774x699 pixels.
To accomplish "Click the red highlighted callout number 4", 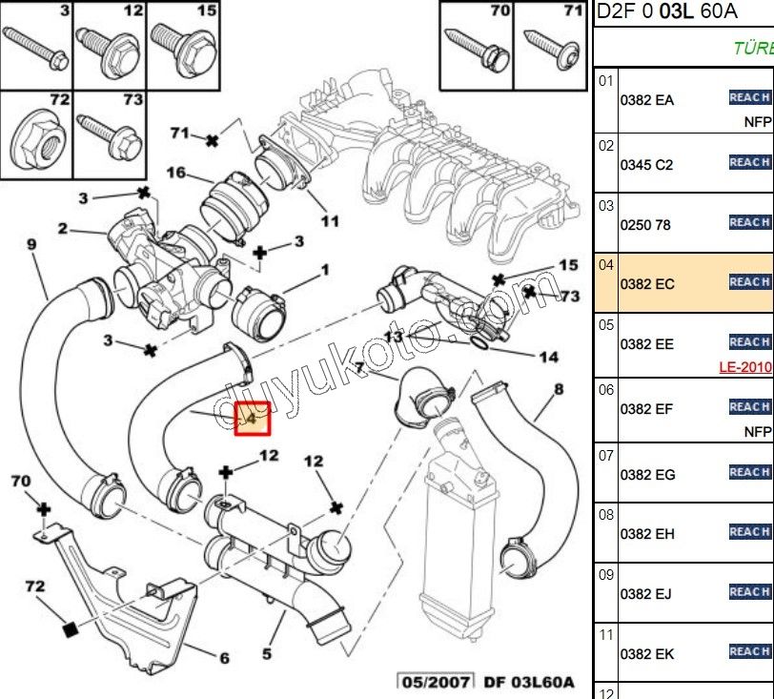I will pyautogui.click(x=254, y=418).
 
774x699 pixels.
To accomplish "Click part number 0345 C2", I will pyautogui.click(x=646, y=164).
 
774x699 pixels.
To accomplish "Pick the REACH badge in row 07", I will pyautogui.click(x=749, y=472).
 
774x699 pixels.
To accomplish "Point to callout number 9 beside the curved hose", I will pyautogui.click(x=31, y=245).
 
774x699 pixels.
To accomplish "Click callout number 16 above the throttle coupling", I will pyautogui.click(x=175, y=173).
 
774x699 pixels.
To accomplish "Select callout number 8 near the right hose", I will pyautogui.click(x=559, y=389).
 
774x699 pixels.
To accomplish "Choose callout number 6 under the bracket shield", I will pyautogui.click(x=225, y=657).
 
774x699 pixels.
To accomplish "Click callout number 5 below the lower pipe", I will pyautogui.click(x=267, y=653).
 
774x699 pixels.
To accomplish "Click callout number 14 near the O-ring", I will pyautogui.click(x=549, y=358).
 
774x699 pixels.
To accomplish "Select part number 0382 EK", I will pyautogui.click(x=647, y=654).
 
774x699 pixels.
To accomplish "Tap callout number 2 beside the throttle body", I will pyautogui.click(x=62, y=229).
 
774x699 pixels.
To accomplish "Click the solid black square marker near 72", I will pyautogui.click(x=69, y=628).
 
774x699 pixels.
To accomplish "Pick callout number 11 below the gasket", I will pyautogui.click(x=329, y=221).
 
